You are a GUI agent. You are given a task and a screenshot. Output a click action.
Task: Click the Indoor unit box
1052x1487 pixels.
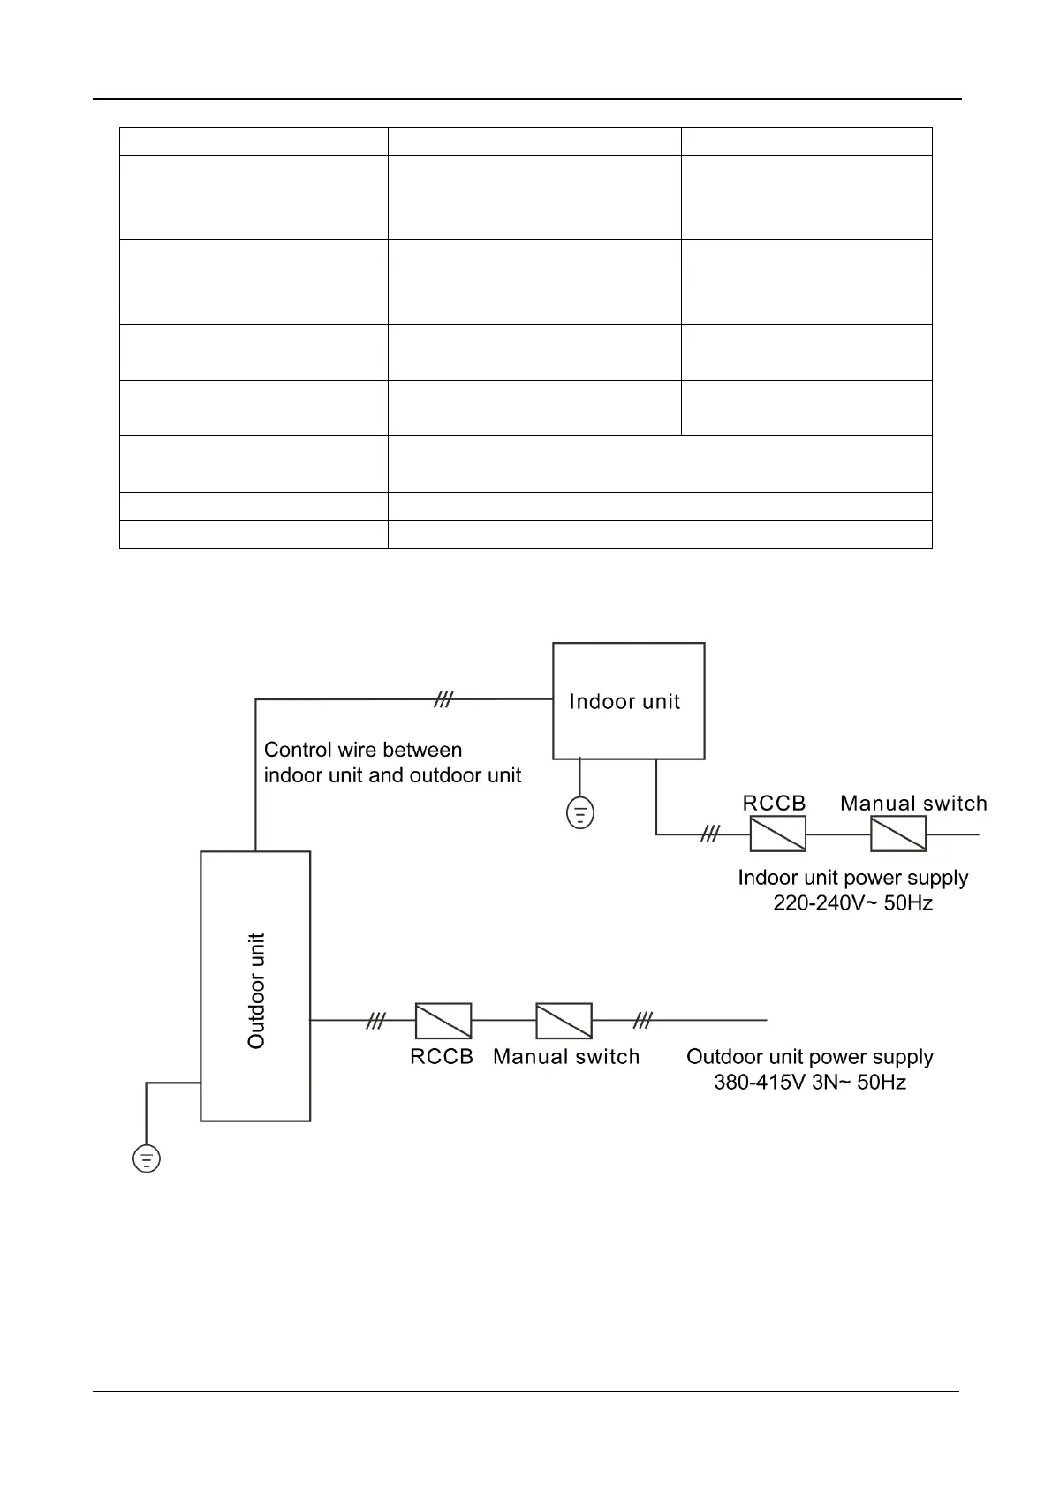[628, 700]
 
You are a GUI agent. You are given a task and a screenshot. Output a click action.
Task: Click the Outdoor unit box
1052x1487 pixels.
[255, 985]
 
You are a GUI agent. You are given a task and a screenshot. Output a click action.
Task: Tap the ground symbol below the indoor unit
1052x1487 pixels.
[579, 812]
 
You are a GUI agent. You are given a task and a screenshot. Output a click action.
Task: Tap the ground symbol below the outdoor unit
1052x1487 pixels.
[147, 1158]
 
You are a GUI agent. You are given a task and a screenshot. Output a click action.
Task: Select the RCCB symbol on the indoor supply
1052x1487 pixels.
[777, 833]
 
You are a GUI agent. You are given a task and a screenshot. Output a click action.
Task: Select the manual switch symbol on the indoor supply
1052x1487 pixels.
[897, 833]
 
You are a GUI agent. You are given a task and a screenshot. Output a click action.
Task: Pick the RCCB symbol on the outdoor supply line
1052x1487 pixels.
[443, 1020]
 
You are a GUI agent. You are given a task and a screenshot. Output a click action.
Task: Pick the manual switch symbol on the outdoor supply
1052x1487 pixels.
[564, 1020]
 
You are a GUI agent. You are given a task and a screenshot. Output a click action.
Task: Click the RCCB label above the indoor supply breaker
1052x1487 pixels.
[774, 803]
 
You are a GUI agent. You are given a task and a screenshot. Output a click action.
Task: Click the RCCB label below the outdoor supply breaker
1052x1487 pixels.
[442, 1056]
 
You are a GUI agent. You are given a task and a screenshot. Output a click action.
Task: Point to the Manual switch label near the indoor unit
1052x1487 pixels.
[913, 803]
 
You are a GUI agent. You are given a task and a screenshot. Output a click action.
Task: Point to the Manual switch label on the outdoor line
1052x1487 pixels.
[566, 1056]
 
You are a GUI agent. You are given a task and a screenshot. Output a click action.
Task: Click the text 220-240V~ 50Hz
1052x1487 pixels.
[852, 902]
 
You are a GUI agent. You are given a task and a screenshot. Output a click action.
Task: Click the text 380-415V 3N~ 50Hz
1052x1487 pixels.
[810, 1082]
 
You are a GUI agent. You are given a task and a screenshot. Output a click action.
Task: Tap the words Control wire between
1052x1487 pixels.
[363, 750]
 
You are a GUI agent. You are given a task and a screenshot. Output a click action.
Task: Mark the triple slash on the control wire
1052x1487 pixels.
[443, 699]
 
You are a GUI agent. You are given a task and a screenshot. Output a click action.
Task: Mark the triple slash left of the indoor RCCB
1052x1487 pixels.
[710, 833]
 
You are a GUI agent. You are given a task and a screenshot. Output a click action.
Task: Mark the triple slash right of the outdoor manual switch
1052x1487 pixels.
[643, 1020]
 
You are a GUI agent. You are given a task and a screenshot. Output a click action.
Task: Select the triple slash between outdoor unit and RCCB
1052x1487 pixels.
[376, 1020]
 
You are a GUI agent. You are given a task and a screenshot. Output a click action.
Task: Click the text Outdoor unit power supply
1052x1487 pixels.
[810, 1056]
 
